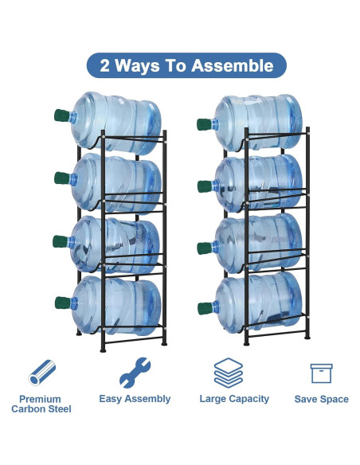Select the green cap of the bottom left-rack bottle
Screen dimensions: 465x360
tap(61, 303)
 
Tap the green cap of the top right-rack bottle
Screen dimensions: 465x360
tap(204, 125)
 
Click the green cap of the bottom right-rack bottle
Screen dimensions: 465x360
tap(204, 307)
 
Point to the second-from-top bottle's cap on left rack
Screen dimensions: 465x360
tap(61, 177)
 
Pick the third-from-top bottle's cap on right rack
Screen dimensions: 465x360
tap(204, 247)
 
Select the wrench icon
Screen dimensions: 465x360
tap(134, 372)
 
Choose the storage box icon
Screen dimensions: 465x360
tap(321, 373)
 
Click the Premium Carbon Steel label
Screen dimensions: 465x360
tap(41, 404)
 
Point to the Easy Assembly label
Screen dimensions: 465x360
tap(135, 399)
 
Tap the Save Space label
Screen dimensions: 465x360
tap(322, 399)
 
